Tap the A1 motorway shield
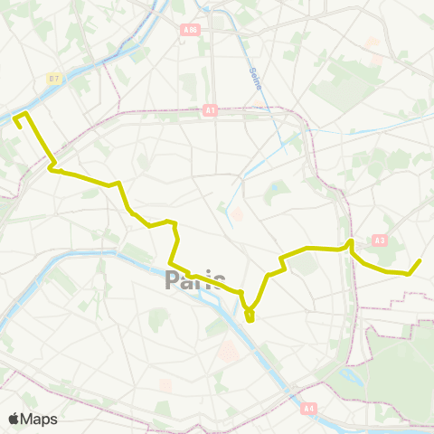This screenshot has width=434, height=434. [211, 110]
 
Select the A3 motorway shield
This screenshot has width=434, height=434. [378, 240]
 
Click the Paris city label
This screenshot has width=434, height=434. [195, 281]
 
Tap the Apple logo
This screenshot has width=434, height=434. [14, 419]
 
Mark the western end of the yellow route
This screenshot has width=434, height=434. [19, 126]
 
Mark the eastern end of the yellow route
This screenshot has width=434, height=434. [420, 260]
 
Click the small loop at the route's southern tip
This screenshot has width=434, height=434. [250, 316]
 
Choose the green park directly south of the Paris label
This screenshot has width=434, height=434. [159, 319]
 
